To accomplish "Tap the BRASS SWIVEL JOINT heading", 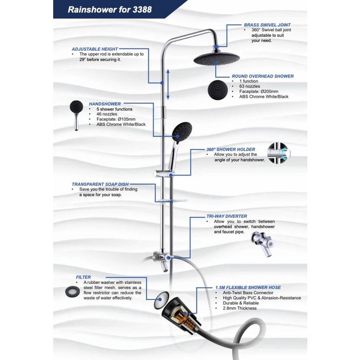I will click(x=267, y=24).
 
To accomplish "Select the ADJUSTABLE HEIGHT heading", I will click(x=95, y=49).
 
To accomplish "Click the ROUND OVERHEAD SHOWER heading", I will click(x=263, y=77).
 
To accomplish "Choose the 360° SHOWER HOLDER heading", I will click(x=231, y=149).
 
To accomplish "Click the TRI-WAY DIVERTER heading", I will click(x=227, y=217).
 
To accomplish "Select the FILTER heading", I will click(x=83, y=277).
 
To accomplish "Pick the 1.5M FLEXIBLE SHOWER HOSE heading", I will click(x=248, y=287).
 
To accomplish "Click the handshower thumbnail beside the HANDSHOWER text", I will click(x=77, y=112).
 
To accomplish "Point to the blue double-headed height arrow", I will click(x=168, y=85).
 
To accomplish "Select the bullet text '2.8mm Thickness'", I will click(x=236, y=308).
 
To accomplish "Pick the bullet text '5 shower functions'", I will click(x=110, y=109).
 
